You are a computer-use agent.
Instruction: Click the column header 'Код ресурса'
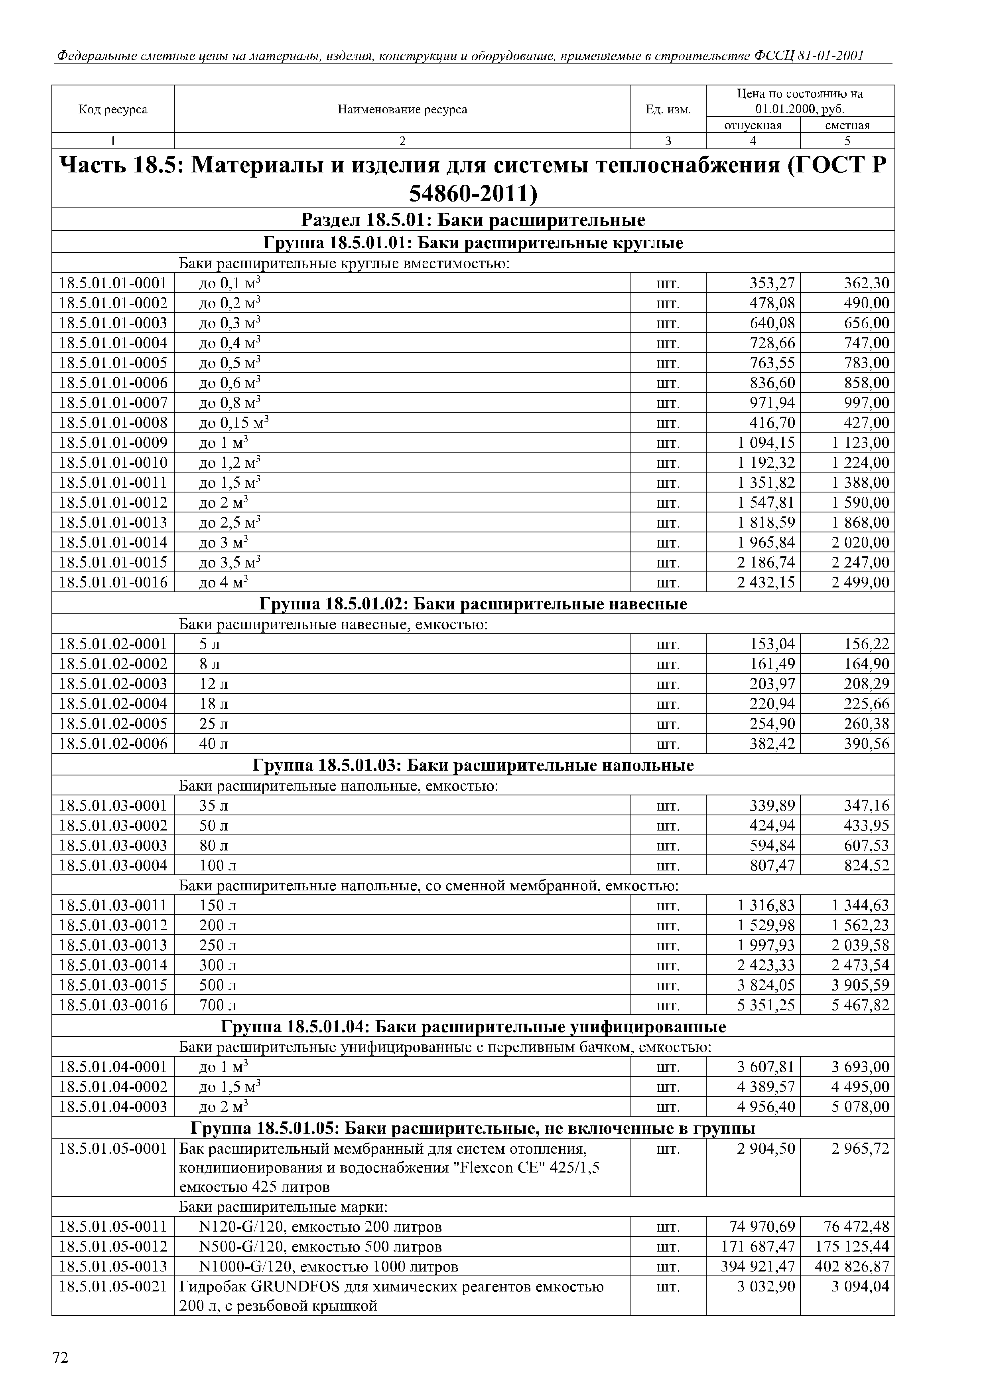click(x=113, y=110)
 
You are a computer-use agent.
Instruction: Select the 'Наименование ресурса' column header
click(x=402, y=110)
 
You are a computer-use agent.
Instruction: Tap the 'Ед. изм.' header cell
click(x=668, y=110)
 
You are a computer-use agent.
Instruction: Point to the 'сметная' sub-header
click(x=847, y=126)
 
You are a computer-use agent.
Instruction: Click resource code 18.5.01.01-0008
click(x=113, y=423)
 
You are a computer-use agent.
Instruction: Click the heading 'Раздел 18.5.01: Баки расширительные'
click(x=473, y=219)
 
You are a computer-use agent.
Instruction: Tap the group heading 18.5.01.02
click(x=473, y=604)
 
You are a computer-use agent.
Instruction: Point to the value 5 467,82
click(x=860, y=1005)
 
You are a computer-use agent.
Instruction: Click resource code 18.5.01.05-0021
click(x=113, y=1287)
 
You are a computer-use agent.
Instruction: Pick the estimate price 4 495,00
click(x=860, y=1087)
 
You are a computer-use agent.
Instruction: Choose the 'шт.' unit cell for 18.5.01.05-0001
click(x=668, y=1149)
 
